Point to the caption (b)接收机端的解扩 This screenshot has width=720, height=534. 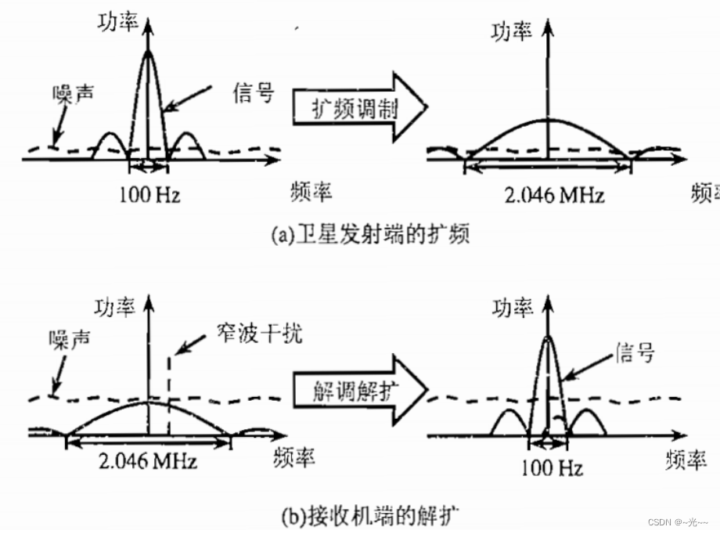(x=369, y=516)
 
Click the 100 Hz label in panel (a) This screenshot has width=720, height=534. (x=149, y=194)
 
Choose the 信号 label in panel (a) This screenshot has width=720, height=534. (x=254, y=92)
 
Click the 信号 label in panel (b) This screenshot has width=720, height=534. (x=633, y=352)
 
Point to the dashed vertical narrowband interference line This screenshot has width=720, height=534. (x=168, y=391)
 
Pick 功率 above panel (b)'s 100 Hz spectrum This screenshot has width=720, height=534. (x=513, y=307)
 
